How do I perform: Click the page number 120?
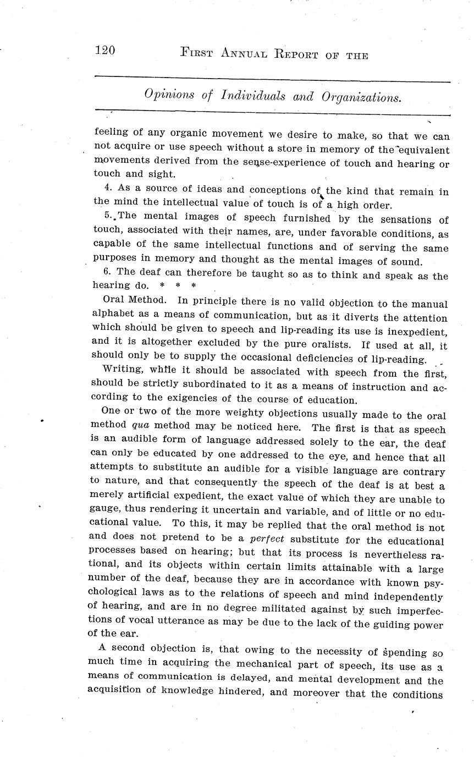104,51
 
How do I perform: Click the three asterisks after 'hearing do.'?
177,286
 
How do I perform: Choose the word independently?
406,596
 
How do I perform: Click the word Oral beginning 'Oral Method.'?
113,300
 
